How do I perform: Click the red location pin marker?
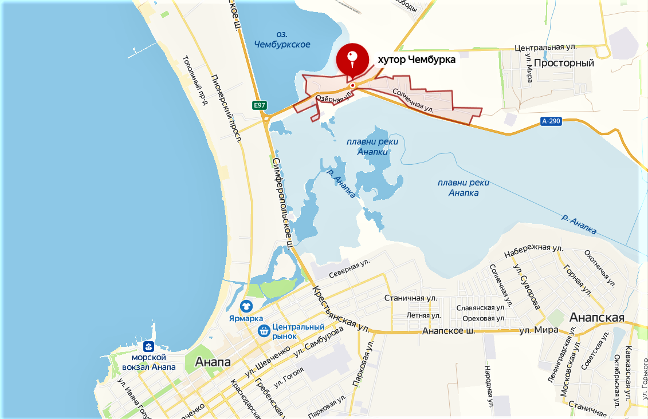352,58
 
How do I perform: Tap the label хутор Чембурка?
417,59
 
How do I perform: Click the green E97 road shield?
260,105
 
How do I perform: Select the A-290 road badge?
551,121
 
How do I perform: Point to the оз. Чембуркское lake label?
281,39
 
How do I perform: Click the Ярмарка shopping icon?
246,306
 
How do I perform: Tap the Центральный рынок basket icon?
264,330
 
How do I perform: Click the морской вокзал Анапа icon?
150,346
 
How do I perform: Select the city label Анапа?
213,362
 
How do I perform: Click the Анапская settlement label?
596,317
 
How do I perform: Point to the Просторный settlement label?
564,63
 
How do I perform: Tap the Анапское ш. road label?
447,331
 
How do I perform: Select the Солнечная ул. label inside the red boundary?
413,100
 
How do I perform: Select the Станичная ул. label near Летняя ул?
410,298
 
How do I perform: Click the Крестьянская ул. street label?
340,310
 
